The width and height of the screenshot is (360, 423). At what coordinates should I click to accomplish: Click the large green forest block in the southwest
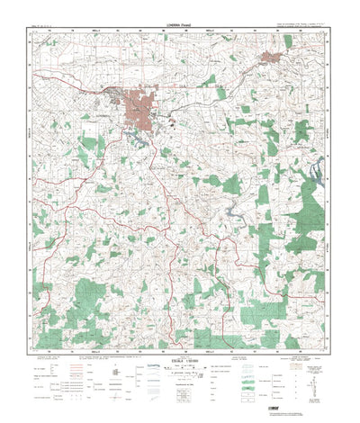coord(94,297)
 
